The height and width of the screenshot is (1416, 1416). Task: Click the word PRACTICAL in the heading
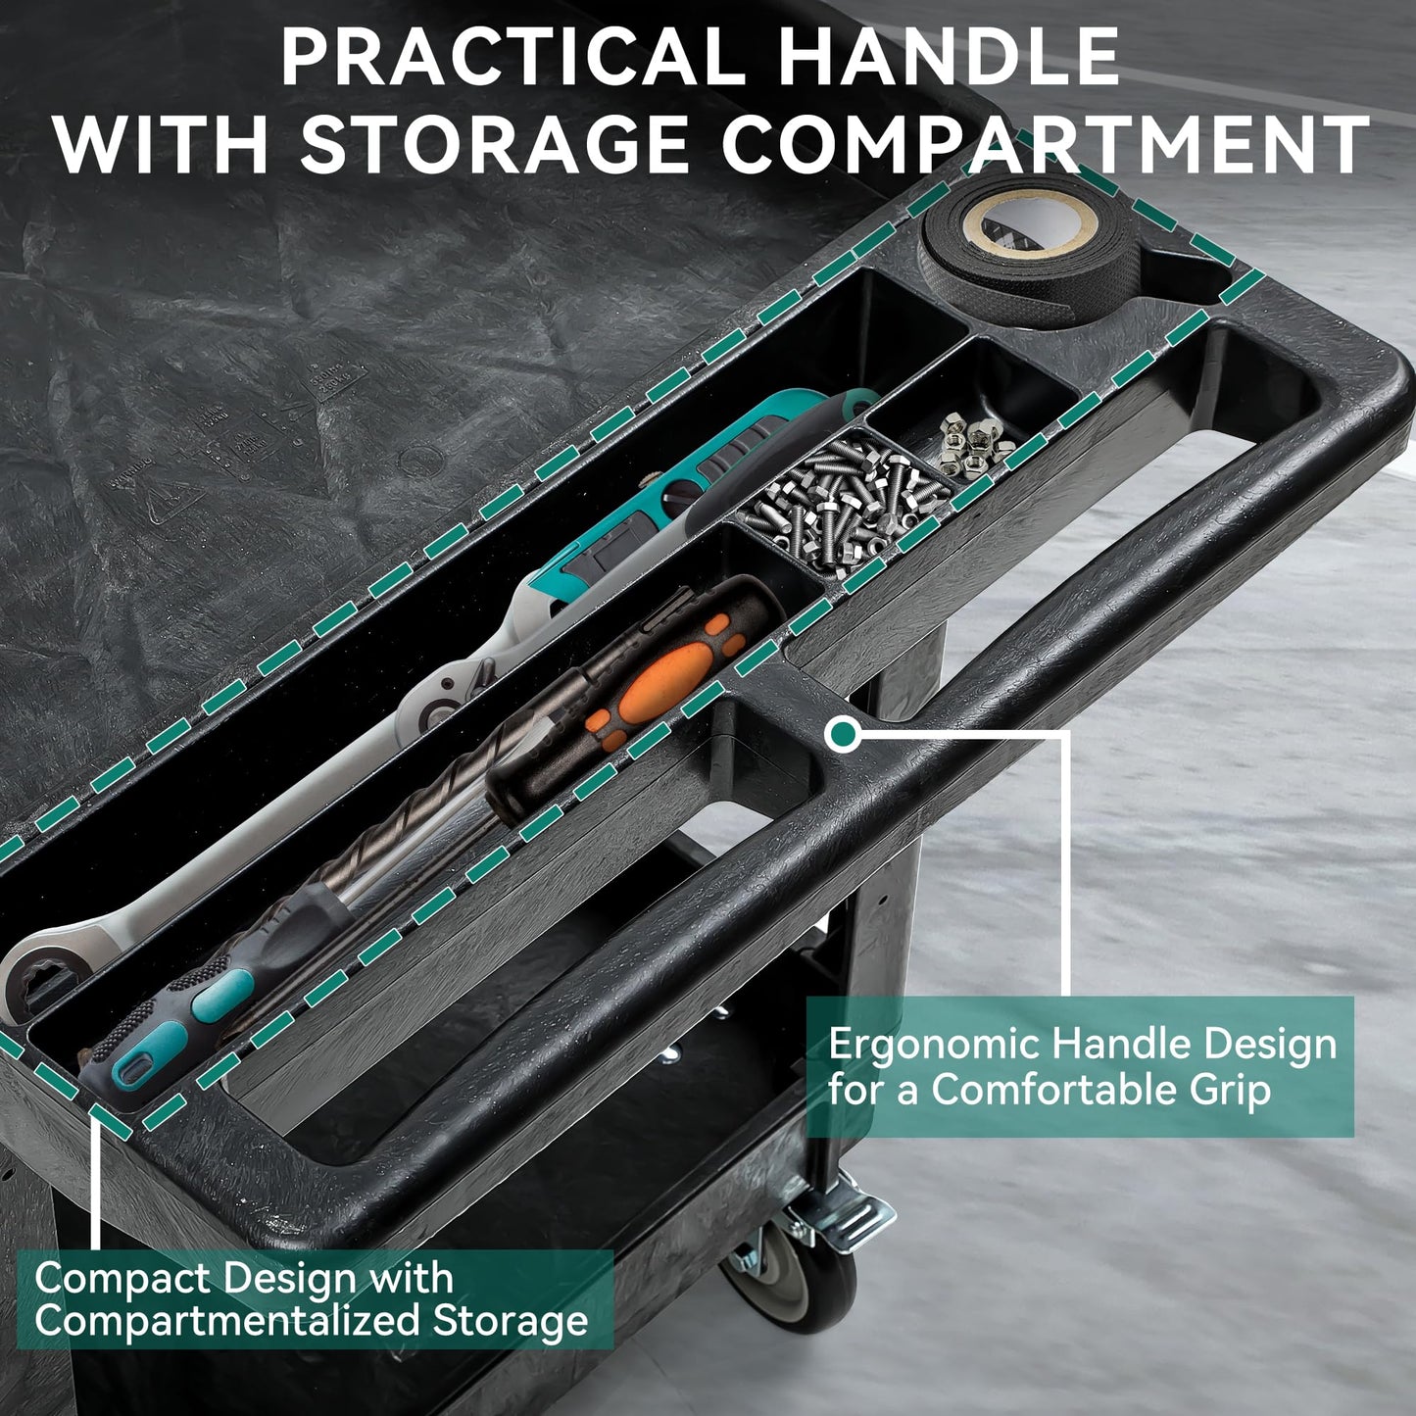point(513,57)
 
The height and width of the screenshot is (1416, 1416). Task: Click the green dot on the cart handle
point(843,734)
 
